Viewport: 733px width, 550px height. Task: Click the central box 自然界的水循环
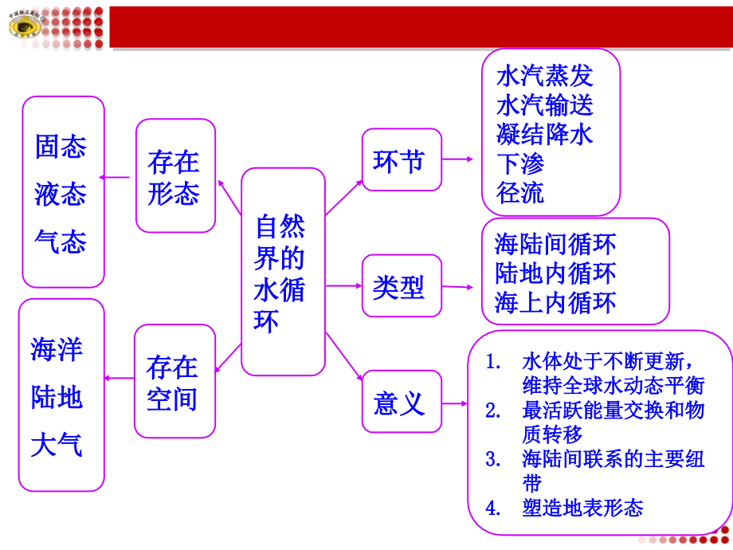[283, 272]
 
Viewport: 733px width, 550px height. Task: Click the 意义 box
[401, 403]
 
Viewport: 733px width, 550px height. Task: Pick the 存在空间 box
[174, 381]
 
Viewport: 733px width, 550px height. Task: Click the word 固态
[61, 146]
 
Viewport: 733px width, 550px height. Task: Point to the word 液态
[61, 194]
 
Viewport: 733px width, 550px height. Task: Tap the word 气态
[61, 241]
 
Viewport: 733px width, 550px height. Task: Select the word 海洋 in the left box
[57, 349]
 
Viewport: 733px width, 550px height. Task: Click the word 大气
[57, 444]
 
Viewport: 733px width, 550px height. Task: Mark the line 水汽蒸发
[545, 77]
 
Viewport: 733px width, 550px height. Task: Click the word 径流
[520, 192]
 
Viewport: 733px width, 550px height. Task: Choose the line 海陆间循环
[555, 244]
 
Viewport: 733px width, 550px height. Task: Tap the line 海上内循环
[555, 303]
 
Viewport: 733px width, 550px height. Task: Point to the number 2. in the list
[493, 411]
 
